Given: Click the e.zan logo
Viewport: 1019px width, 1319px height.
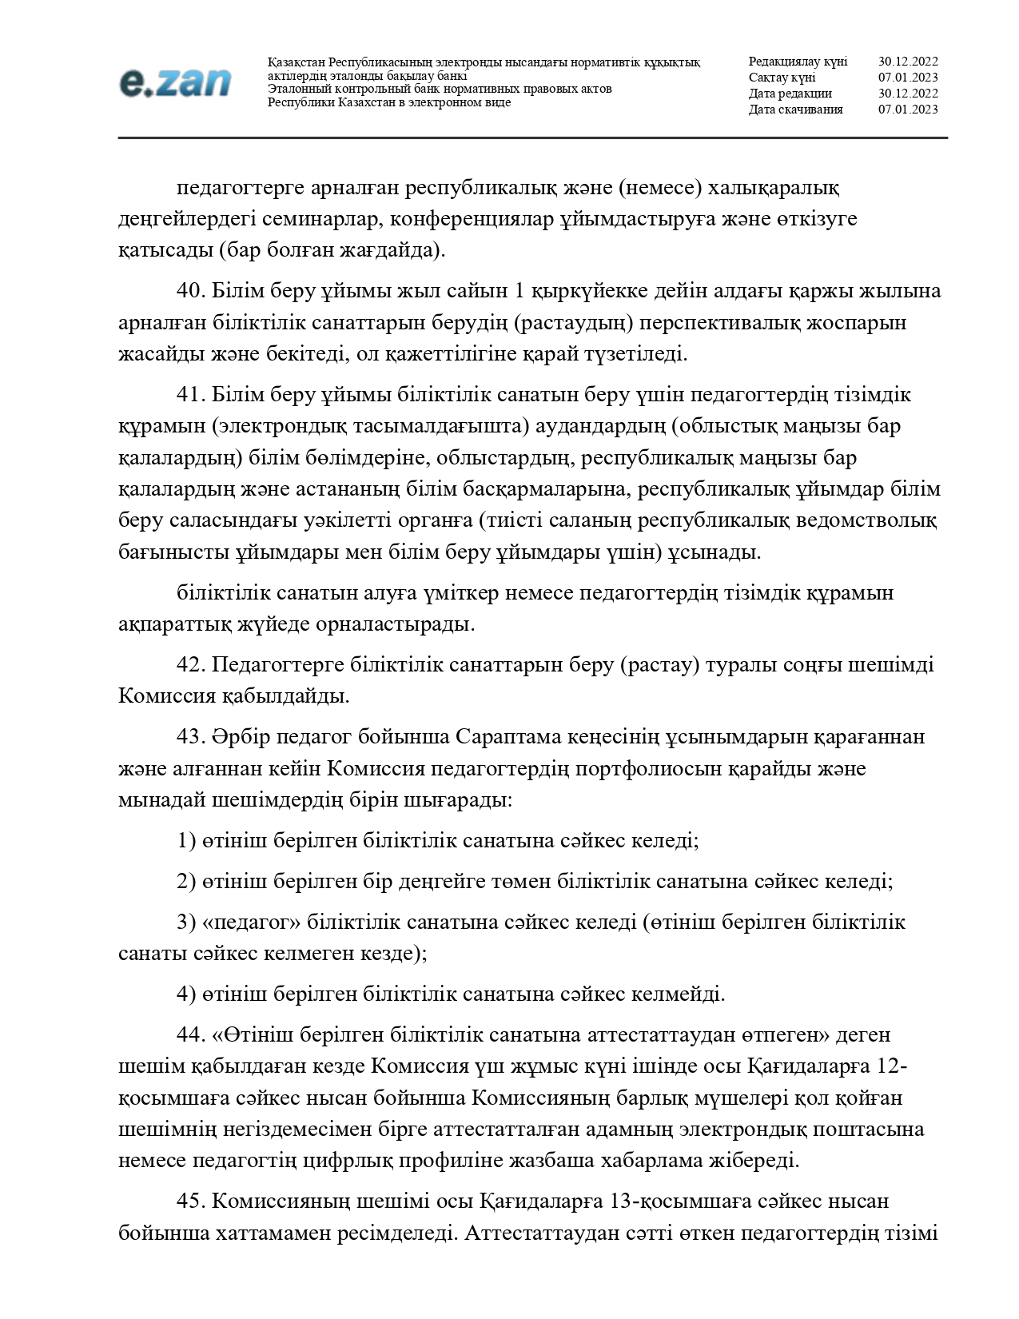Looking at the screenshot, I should pyautogui.click(x=175, y=82).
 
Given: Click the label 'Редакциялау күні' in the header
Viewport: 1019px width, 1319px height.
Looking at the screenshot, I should pyautogui.click(x=798, y=62).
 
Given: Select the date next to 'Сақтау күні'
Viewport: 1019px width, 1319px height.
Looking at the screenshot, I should pyautogui.click(x=908, y=78).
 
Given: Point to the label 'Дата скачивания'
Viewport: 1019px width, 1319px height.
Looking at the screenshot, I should pyautogui.click(x=795, y=110).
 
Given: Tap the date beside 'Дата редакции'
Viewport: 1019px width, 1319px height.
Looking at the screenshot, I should pyautogui.click(x=908, y=94).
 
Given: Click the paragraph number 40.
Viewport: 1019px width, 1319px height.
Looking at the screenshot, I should pyautogui.click(x=191, y=291).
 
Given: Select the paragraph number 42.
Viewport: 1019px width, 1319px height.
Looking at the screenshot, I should pyautogui.click(x=191, y=665).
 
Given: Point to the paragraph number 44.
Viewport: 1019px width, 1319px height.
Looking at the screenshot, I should pyautogui.click(x=191, y=1034).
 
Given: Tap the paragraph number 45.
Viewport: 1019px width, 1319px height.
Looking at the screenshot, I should pyautogui.click(x=191, y=1201).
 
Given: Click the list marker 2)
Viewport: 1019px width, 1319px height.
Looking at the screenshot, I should pyautogui.click(x=186, y=882).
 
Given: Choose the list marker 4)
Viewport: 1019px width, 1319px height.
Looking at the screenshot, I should pyautogui.click(x=186, y=994).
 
